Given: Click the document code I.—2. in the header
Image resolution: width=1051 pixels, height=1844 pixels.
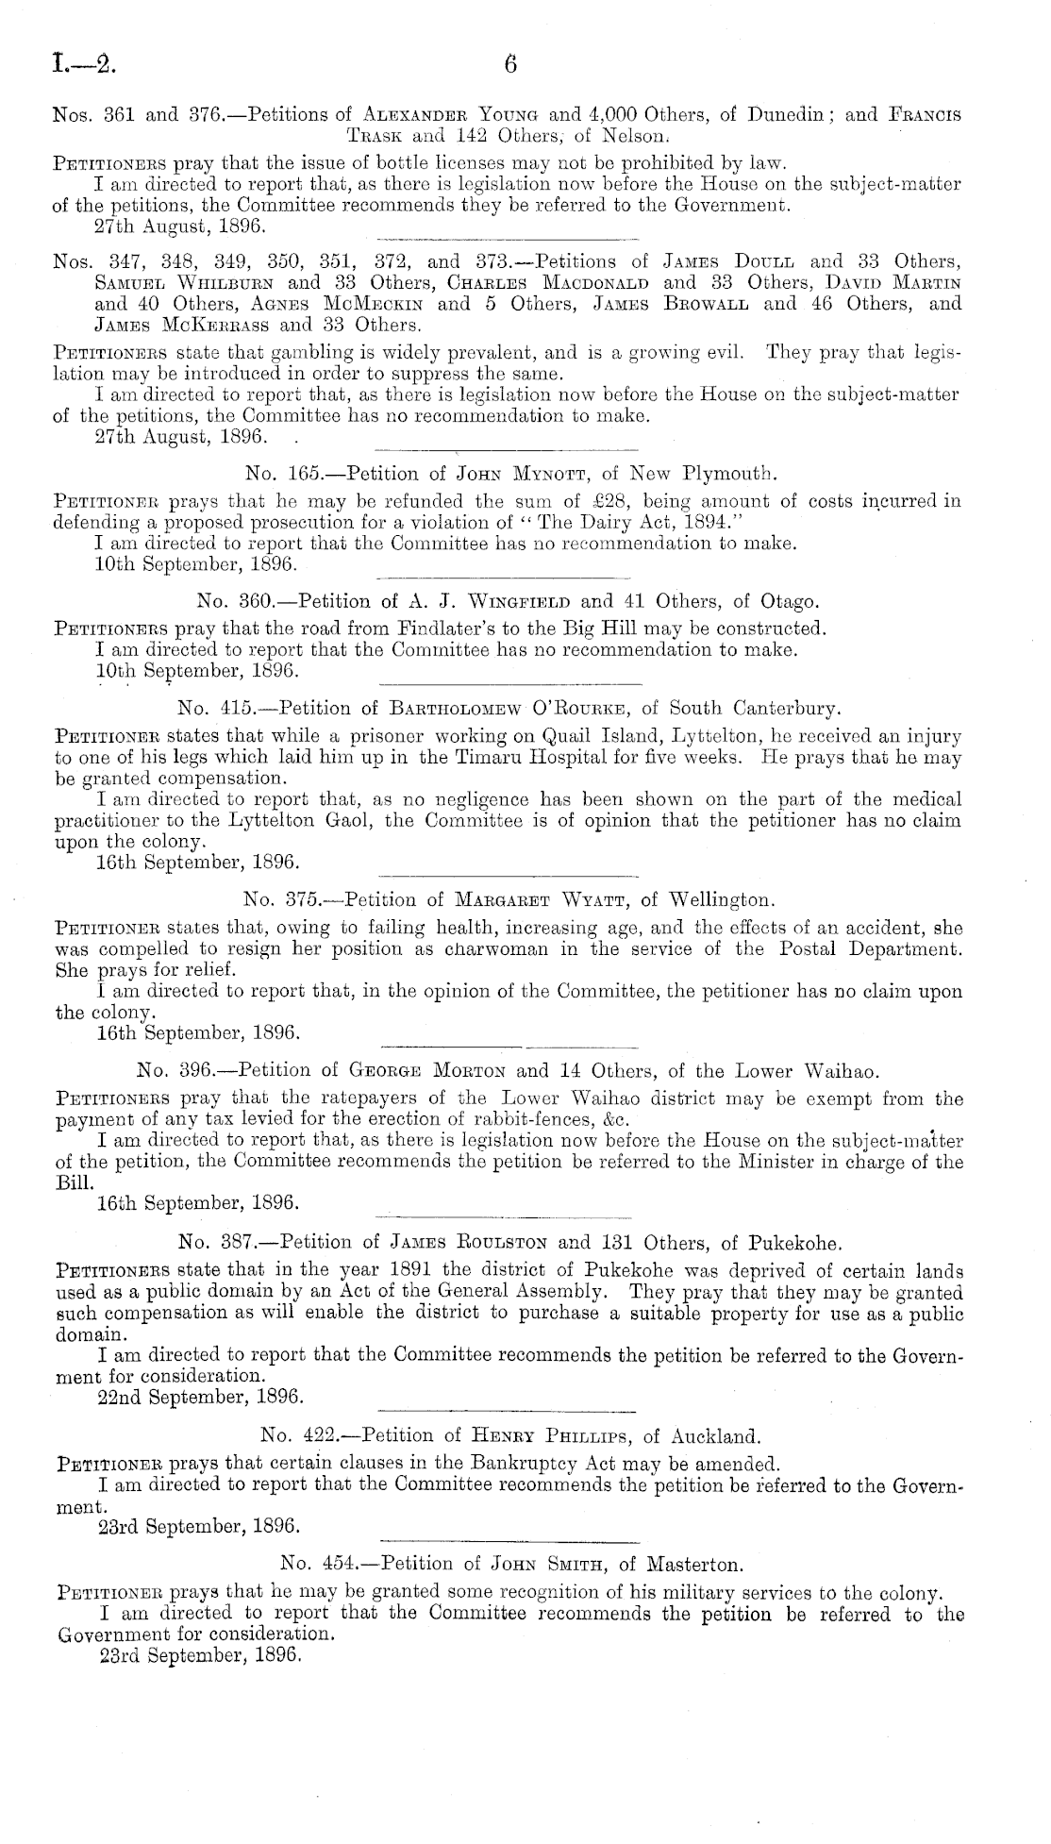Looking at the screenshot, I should click(82, 65).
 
